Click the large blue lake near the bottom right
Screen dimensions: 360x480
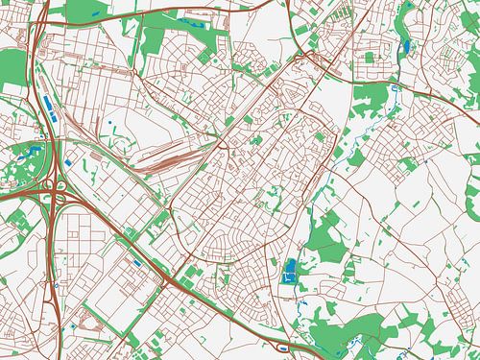point(291,270)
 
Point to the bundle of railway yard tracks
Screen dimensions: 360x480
point(173,158)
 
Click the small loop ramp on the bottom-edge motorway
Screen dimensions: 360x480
point(285,347)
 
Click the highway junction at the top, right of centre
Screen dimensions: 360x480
point(305,55)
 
